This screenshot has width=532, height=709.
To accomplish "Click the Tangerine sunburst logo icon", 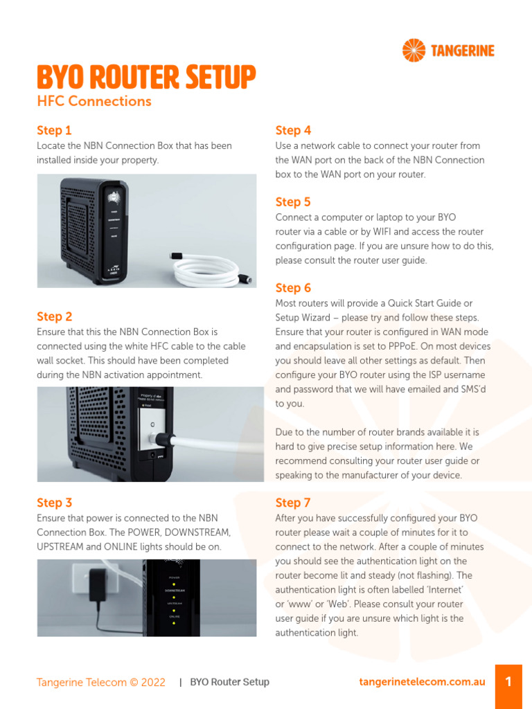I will point(414,50).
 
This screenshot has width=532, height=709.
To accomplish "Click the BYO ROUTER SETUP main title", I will point(146,78).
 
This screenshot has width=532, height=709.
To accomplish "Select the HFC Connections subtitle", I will point(94,101).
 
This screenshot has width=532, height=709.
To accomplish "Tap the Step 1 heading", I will point(54,130).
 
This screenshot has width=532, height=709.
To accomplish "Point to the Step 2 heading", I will point(54,316).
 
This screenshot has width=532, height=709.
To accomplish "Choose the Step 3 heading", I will point(54,503).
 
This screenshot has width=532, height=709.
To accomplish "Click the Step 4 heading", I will point(293,130).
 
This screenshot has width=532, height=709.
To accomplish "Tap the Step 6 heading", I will point(293,288).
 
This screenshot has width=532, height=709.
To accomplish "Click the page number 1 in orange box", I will point(508,682).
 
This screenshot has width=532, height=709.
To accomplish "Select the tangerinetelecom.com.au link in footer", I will point(422,682).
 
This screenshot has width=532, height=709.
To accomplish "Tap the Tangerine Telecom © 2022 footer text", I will point(101,682).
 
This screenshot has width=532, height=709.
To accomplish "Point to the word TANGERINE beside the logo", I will point(463,51).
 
